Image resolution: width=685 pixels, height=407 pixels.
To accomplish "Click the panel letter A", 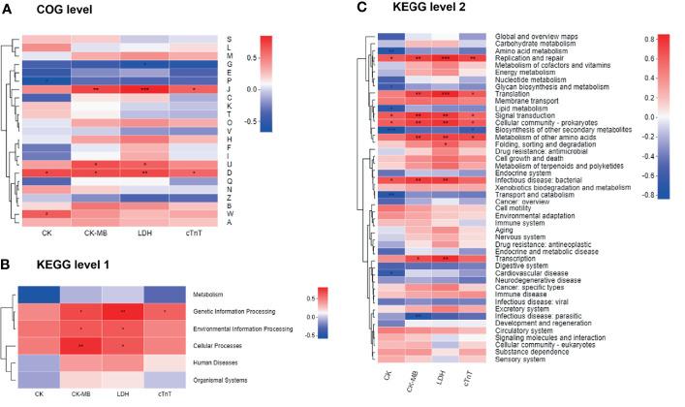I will tap(8, 9).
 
